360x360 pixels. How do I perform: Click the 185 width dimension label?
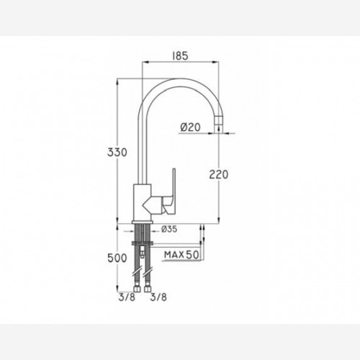click(x=180, y=56)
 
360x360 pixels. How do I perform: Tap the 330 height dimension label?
click(x=117, y=153)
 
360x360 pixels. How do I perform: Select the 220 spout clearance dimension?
click(x=219, y=174)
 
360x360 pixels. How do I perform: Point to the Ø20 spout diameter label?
click(x=190, y=127)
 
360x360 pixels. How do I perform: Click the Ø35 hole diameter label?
click(x=169, y=229)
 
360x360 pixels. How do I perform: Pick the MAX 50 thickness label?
click(x=181, y=255)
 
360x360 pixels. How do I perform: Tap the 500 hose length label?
click(x=117, y=258)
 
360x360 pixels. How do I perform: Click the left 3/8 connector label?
click(x=127, y=297)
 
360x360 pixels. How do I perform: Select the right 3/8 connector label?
click(x=158, y=297)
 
